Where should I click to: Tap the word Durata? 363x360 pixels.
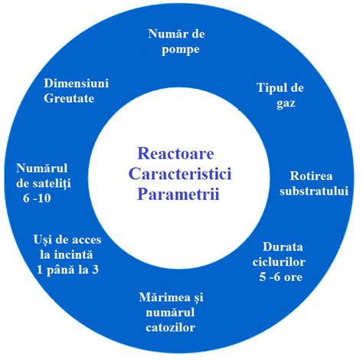pyautogui.click(x=283, y=247)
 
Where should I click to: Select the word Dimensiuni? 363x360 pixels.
pyautogui.click(x=77, y=82)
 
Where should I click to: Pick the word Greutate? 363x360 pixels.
pyautogui.click(x=77, y=97)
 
